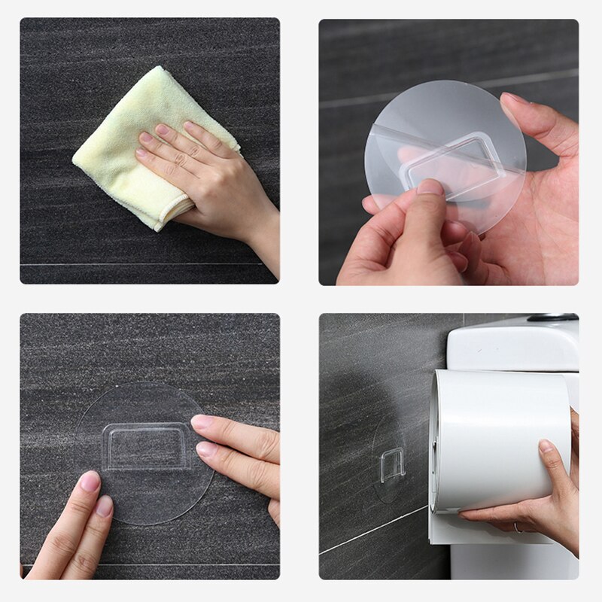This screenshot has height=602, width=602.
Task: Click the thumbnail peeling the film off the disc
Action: tap(430, 187)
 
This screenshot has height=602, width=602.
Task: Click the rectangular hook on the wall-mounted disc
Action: tap(147, 447)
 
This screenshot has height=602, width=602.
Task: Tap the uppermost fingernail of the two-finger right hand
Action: tap(202, 421)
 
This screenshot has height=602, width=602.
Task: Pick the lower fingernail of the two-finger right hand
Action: tap(205, 449)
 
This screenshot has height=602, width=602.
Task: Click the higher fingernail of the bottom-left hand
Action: tap(90, 481)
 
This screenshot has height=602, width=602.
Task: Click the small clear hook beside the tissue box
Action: tap(391, 465)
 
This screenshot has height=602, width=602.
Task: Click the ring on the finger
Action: tap(516, 528)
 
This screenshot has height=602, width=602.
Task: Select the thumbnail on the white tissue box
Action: tap(546, 446)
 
